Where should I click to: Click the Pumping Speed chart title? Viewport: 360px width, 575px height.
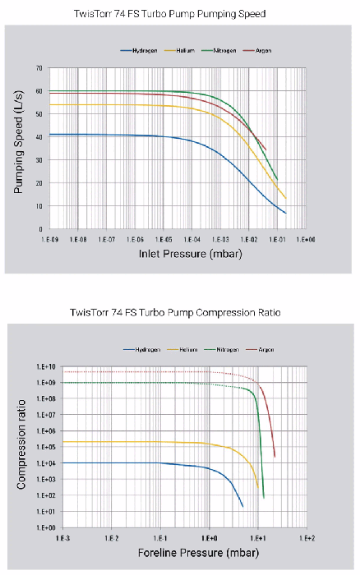pos(180,15)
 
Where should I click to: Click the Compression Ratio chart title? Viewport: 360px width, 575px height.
pos(180,312)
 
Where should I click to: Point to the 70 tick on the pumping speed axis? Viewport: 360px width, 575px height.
pos(39,68)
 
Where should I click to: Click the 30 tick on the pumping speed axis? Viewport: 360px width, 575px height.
pos(39,160)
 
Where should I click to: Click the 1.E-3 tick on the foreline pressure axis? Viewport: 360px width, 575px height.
pos(61,538)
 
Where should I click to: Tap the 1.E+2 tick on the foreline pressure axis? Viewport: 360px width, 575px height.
pos(308,538)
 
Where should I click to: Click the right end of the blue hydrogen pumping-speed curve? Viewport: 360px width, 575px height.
pos(285,213)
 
